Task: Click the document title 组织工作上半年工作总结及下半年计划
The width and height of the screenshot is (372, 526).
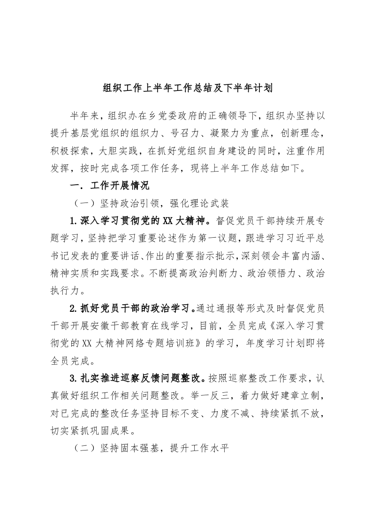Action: (x=186, y=88)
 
